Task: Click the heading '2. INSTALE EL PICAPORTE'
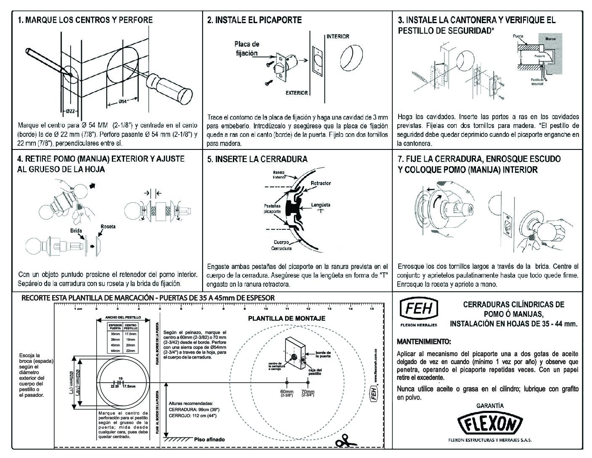coord(255,20)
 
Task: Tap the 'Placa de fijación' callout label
coord(247,48)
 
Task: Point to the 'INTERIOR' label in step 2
coord(338,37)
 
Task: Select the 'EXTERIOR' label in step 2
coord(296,93)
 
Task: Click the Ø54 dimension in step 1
coord(122,101)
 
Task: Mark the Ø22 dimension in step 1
coord(70,111)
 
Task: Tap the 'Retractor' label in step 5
coord(321,184)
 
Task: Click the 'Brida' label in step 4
coord(76,231)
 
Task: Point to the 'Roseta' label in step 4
coord(108,226)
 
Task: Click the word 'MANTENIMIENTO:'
coord(424,341)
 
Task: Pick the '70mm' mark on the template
coord(308,392)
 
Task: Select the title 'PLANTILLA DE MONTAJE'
coord(287,318)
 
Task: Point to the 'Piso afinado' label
coord(209,439)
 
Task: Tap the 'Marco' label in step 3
coord(550,38)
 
